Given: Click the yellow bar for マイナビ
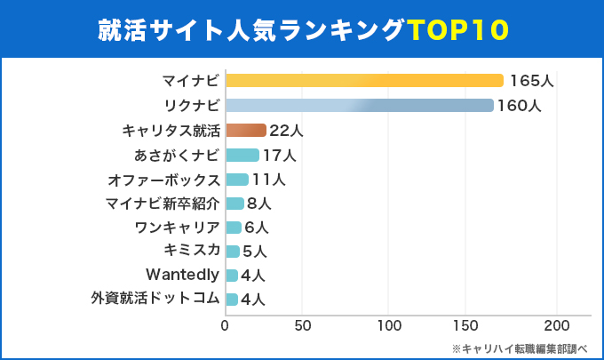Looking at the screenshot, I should [x=364, y=81].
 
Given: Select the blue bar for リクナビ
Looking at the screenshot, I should [x=360, y=106].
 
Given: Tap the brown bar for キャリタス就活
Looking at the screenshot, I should [x=246, y=131].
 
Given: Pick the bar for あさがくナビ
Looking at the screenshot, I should [x=242, y=156].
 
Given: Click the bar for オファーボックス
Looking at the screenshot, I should [x=237, y=180].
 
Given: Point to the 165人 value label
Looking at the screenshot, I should [x=531, y=81].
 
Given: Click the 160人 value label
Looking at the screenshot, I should [x=520, y=106].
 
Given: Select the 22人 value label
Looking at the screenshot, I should [x=286, y=131].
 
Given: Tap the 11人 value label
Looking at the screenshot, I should [x=268, y=180].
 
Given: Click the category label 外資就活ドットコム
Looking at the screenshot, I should [x=155, y=299].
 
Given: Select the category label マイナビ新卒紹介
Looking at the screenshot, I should [x=162, y=204].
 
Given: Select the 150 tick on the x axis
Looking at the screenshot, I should [x=473, y=325].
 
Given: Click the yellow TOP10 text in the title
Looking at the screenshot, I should [x=459, y=28].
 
